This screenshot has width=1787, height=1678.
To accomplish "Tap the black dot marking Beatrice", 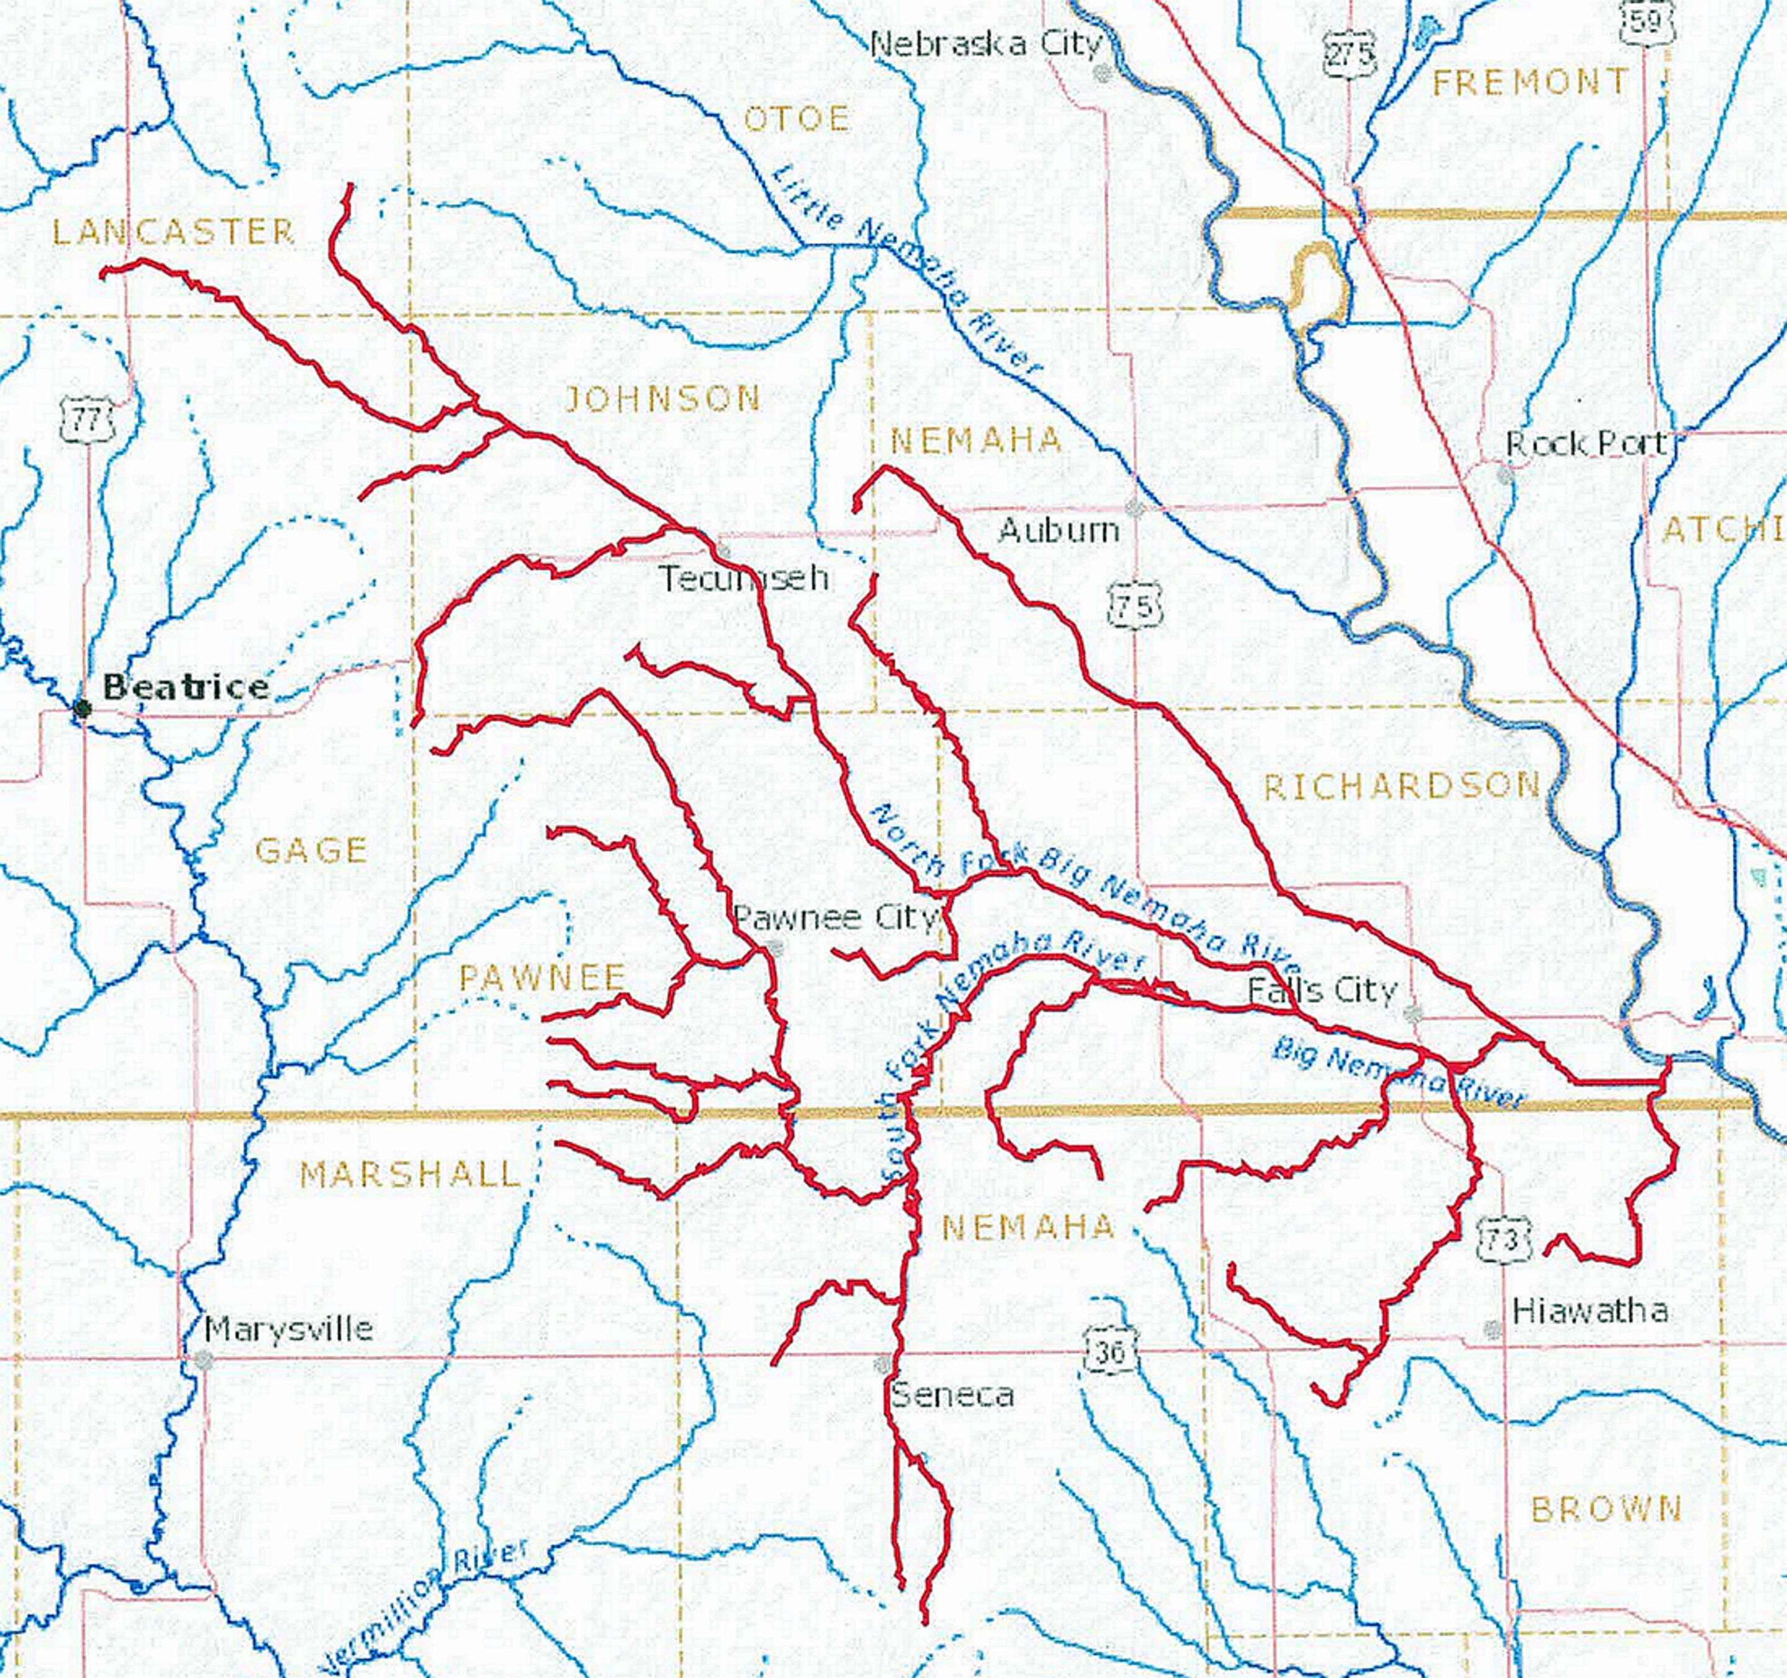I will coord(83,709).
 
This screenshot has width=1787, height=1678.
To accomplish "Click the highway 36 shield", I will coord(1110,1351).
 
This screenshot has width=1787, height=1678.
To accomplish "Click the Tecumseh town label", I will coord(745,578).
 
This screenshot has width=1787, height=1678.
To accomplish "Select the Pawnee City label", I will coord(836,917).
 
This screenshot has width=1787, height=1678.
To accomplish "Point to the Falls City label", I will coord(1322,991).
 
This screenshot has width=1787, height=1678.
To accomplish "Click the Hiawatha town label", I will coord(1589,1310).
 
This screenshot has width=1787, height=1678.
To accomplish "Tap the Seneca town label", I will coord(952,1395).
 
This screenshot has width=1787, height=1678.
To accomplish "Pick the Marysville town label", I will coord(289,1328).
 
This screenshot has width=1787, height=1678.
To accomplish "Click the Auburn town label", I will coord(1059,530).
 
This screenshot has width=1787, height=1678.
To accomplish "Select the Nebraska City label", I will coord(985,43).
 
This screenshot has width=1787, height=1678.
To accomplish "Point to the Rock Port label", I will coord(1585,443).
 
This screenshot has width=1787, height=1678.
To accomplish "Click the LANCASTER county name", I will coord(174,232).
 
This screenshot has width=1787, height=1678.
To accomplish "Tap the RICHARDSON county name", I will coord(1402,787).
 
